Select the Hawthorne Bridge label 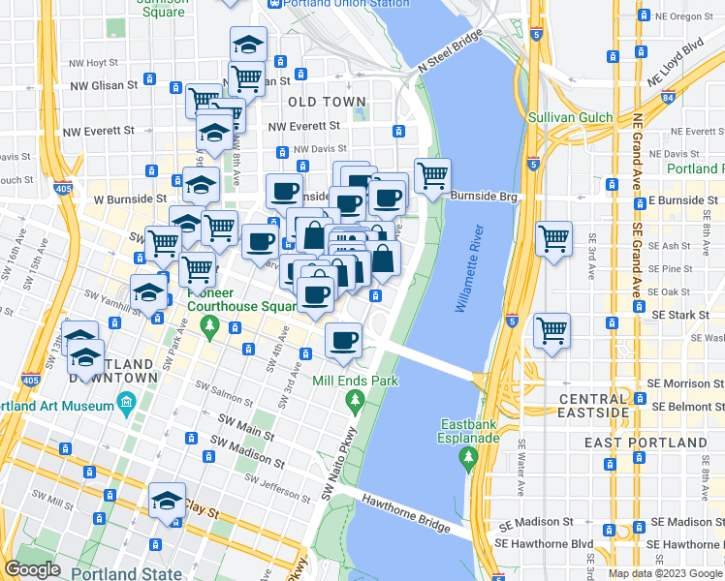[406, 513]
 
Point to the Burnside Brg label [486, 196]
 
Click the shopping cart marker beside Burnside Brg [432, 176]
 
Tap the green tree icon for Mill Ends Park [355, 399]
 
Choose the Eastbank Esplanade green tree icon [471, 455]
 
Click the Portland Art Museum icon [126, 401]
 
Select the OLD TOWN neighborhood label [327, 102]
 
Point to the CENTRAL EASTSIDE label [593, 406]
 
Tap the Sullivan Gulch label [570, 117]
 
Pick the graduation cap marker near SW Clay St [167, 501]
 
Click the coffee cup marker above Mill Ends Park [343, 339]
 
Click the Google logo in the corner [32, 569]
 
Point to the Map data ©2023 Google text [665, 573]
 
